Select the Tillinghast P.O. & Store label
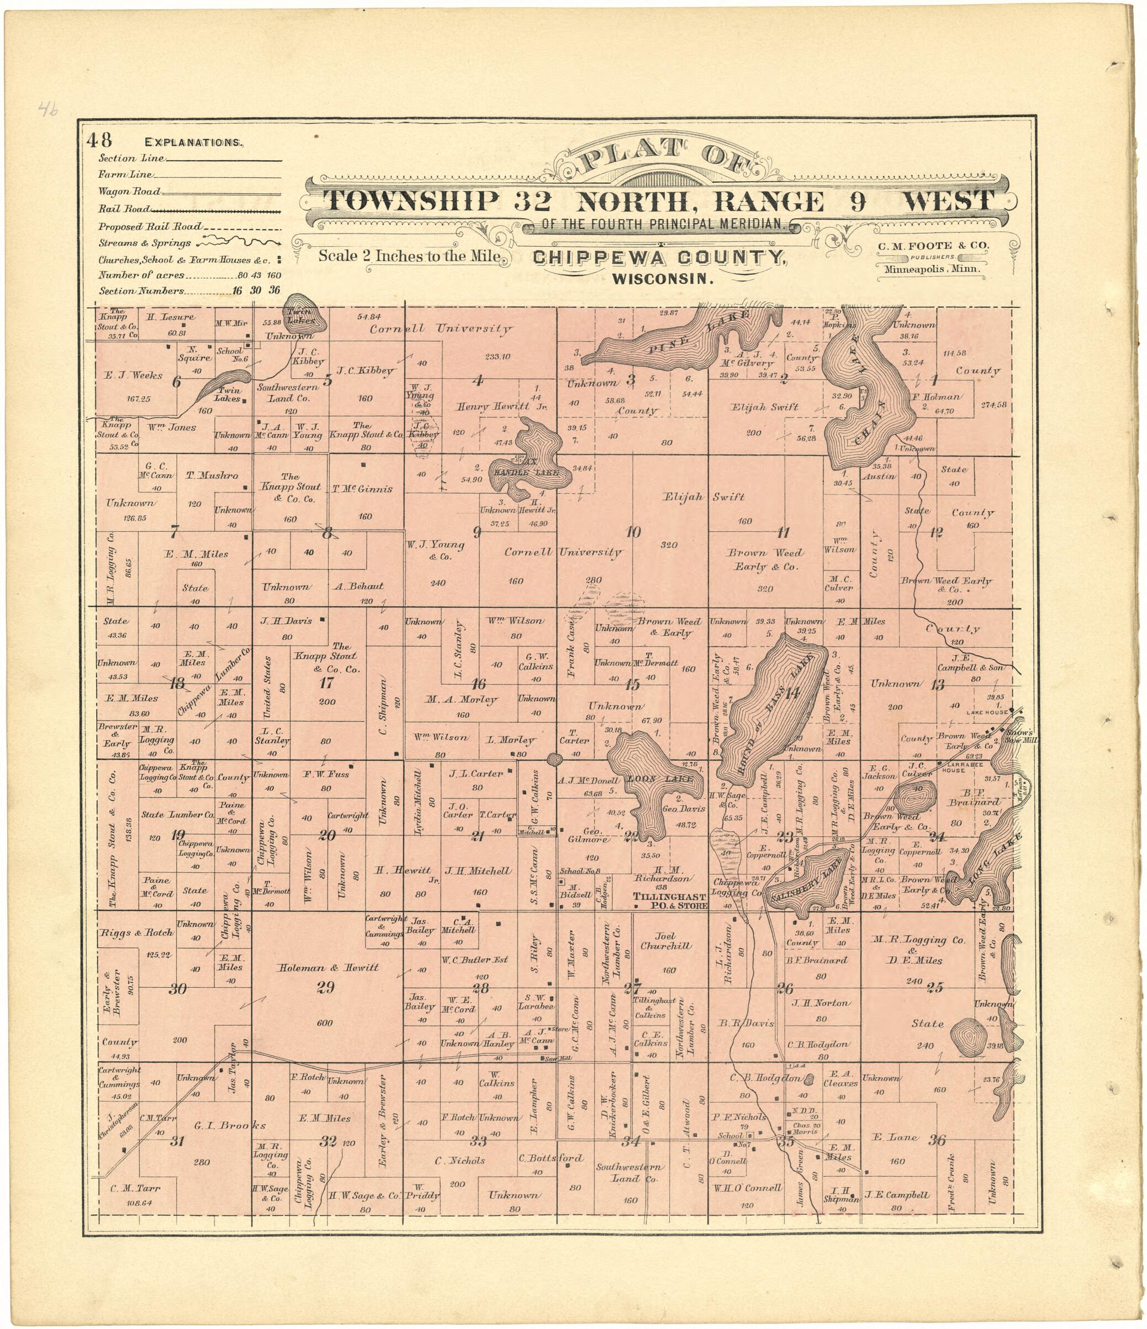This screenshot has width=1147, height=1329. tap(669, 901)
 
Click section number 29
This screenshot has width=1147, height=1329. tap(325, 988)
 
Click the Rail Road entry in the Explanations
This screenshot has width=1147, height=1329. tap(124, 209)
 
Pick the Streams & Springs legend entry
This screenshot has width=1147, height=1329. tap(144, 243)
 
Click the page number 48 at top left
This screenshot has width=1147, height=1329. tap(99, 140)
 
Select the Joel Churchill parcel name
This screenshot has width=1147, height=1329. tap(666, 941)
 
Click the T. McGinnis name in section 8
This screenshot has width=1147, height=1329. tap(362, 489)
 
